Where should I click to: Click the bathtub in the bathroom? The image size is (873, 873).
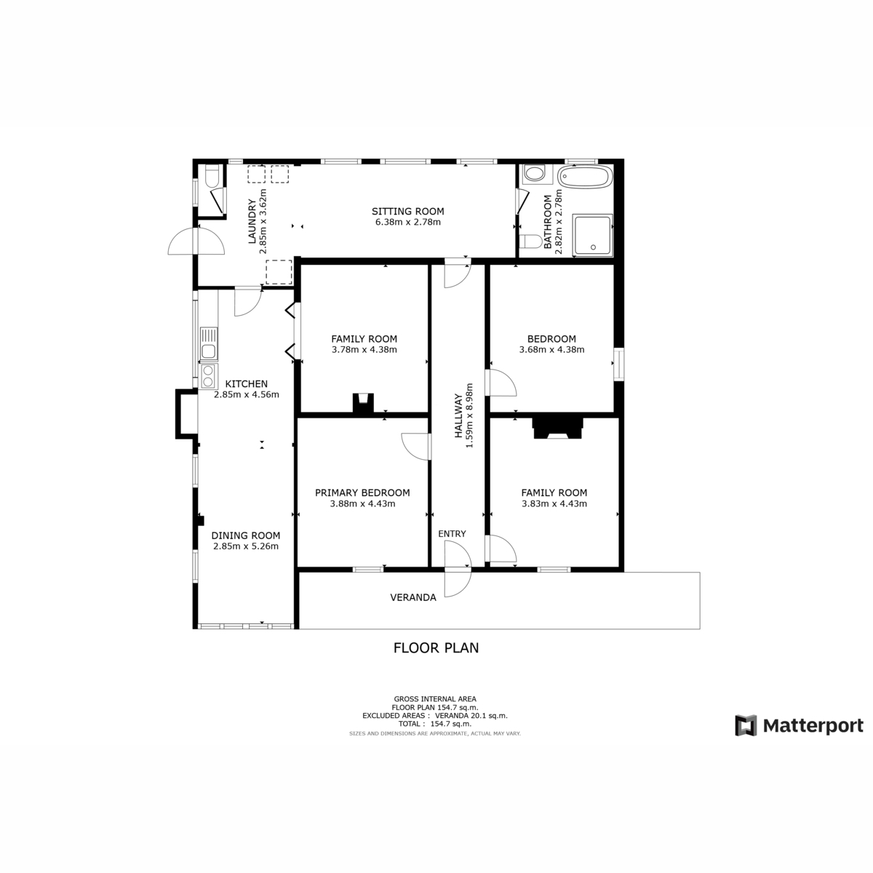[x=586, y=176]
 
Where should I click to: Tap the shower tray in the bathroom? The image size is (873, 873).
[x=593, y=235]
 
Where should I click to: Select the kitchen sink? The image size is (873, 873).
[x=209, y=344]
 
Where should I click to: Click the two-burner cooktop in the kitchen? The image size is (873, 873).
[x=209, y=376]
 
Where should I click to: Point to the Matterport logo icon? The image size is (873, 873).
[x=746, y=725]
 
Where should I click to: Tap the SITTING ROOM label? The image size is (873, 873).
[x=407, y=211]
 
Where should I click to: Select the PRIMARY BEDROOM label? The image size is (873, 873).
[x=362, y=493]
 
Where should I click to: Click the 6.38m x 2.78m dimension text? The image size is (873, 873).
[x=407, y=222]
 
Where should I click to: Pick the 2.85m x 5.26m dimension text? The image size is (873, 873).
[x=246, y=546]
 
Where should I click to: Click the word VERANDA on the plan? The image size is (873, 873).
[x=413, y=597]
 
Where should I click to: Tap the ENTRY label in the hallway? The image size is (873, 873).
[x=452, y=534]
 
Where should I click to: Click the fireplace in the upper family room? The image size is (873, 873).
[x=363, y=403]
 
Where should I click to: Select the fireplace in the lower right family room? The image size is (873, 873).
[x=557, y=428]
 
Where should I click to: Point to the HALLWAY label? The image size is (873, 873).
[x=458, y=415]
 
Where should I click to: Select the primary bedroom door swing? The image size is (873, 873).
[x=416, y=447]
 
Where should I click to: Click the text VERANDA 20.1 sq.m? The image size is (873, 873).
[x=471, y=716]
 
